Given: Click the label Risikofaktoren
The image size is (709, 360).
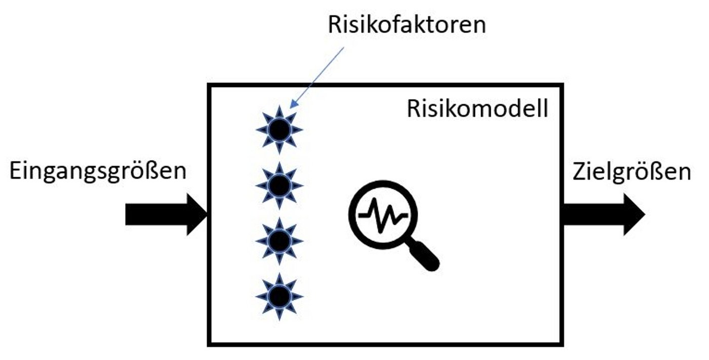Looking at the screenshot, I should [x=407, y=25].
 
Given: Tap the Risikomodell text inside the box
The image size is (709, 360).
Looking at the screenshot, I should [x=477, y=109].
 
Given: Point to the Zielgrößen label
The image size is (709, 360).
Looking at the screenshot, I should [x=632, y=172].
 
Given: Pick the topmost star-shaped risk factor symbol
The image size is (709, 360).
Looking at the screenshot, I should [x=279, y=130].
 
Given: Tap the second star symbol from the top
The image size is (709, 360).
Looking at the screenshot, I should [x=279, y=186].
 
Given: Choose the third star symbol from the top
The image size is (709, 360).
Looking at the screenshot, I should [x=279, y=241].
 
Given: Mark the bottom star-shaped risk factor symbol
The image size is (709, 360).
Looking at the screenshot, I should [x=279, y=296].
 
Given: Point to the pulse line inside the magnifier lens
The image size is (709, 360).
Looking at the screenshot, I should [x=383, y=212].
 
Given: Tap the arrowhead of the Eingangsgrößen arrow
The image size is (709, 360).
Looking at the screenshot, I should [x=198, y=214].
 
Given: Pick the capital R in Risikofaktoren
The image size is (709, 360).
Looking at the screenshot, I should [x=335, y=25].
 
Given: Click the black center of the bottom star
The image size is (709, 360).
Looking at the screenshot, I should [x=279, y=296].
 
